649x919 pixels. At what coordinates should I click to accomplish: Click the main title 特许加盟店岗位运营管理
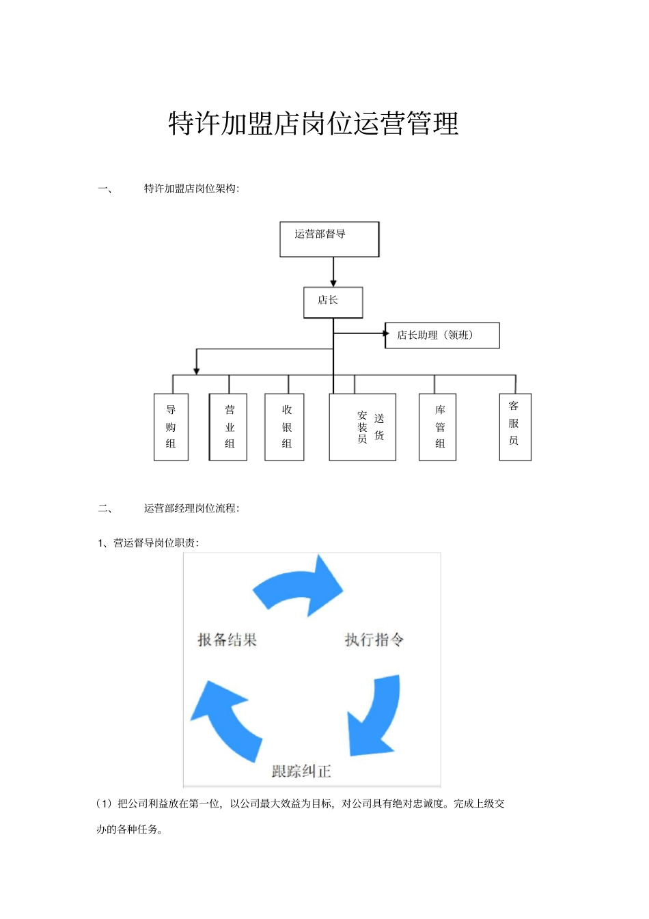[313, 124]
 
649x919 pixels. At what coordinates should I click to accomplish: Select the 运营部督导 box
[329, 239]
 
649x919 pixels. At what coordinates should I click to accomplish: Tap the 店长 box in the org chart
[333, 302]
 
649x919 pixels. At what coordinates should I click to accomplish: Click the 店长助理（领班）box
[442, 335]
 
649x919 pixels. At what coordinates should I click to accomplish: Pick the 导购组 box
[171, 427]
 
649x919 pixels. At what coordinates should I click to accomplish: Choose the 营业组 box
[228, 427]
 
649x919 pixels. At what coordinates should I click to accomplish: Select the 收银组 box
[285, 427]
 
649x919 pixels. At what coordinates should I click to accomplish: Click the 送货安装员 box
[363, 427]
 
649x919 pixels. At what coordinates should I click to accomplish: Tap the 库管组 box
[437, 427]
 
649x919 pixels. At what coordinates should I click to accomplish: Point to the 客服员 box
[515, 427]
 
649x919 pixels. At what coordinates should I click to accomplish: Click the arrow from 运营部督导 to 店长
[333, 272]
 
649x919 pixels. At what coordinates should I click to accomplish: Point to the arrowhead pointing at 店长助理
[386, 333]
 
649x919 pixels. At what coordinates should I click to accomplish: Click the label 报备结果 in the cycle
[227, 640]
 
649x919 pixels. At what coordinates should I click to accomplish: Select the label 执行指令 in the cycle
[374, 640]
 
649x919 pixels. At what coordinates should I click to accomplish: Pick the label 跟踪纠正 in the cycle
[301, 771]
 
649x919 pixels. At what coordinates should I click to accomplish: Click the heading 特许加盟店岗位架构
[191, 189]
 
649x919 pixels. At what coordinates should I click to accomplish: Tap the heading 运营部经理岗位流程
[191, 508]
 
